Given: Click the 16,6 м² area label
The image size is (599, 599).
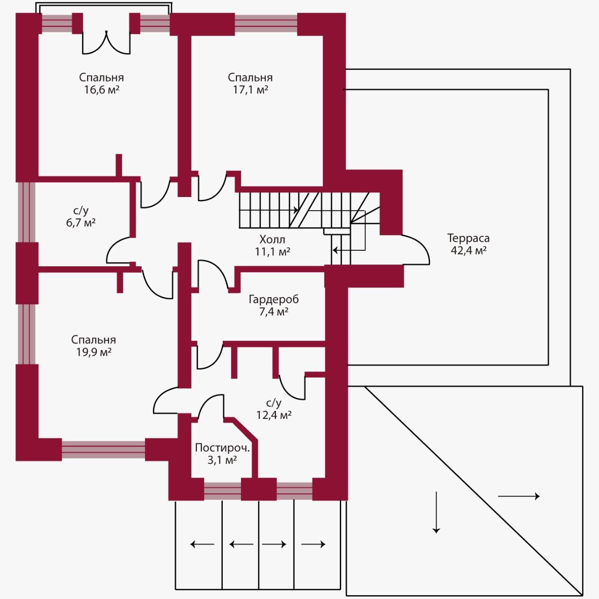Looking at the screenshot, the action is click(x=102, y=90).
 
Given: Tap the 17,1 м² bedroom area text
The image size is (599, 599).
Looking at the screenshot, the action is click(x=250, y=90).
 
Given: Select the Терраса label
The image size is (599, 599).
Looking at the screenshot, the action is click(x=468, y=238).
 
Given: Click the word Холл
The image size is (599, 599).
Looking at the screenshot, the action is click(x=272, y=240).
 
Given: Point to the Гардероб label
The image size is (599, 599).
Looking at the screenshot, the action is click(x=274, y=299).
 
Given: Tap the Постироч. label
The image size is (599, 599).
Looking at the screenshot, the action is click(x=222, y=448).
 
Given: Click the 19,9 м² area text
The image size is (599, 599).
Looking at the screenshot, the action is click(x=94, y=352).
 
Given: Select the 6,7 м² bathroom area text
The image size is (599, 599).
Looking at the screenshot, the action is click(x=81, y=223).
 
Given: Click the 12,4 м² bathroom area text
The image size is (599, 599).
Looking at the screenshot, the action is click(x=274, y=415).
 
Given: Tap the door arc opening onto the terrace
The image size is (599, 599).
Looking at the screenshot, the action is click(x=416, y=249).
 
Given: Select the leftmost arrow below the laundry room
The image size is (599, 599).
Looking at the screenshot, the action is click(x=202, y=553).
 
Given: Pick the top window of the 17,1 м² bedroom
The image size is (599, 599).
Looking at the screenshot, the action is click(x=266, y=24).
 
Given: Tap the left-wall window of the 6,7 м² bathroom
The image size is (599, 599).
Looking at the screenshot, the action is click(x=26, y=212).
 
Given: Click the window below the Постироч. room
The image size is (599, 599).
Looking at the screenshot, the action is click(x=223, y=491).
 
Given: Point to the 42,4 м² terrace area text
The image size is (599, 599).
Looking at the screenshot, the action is click(x=468, y=250).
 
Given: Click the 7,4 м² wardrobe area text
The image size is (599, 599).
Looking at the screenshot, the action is click(x=274, y=312).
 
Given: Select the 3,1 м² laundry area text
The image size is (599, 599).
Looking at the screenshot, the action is click(x=222, y=460).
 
